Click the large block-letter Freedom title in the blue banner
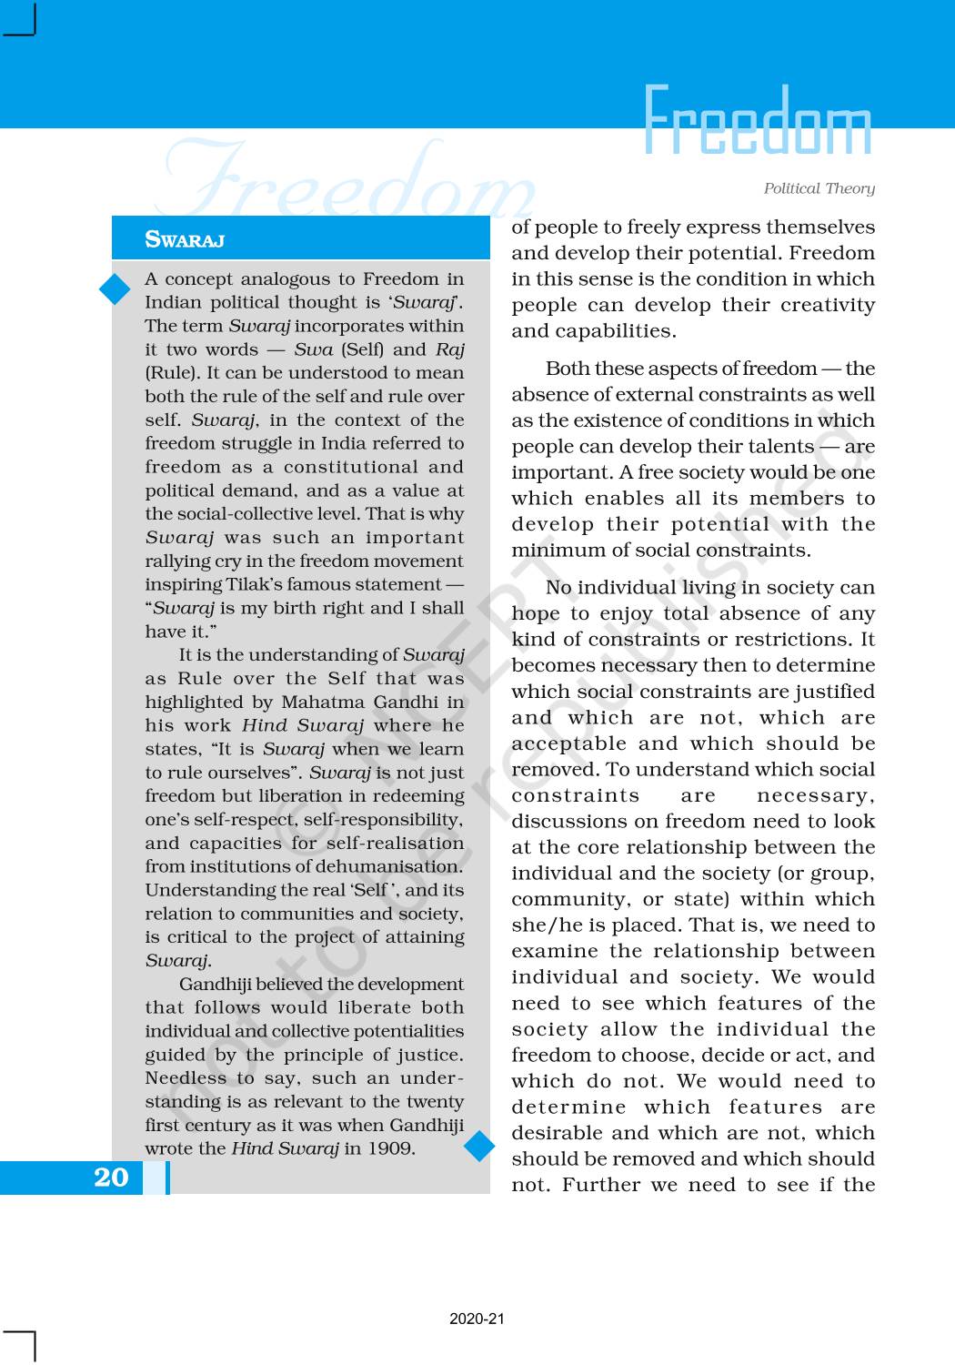(757, 121)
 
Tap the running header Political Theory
(819, 188)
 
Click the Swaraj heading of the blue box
(185, 239)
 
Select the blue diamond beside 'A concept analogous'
(116, 288)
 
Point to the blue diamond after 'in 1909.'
(479, 1146)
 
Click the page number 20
(111, 1178)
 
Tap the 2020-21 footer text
(477, 1319)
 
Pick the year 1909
(390, 1148)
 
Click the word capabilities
(605, 331)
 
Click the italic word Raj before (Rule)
(449, 349)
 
